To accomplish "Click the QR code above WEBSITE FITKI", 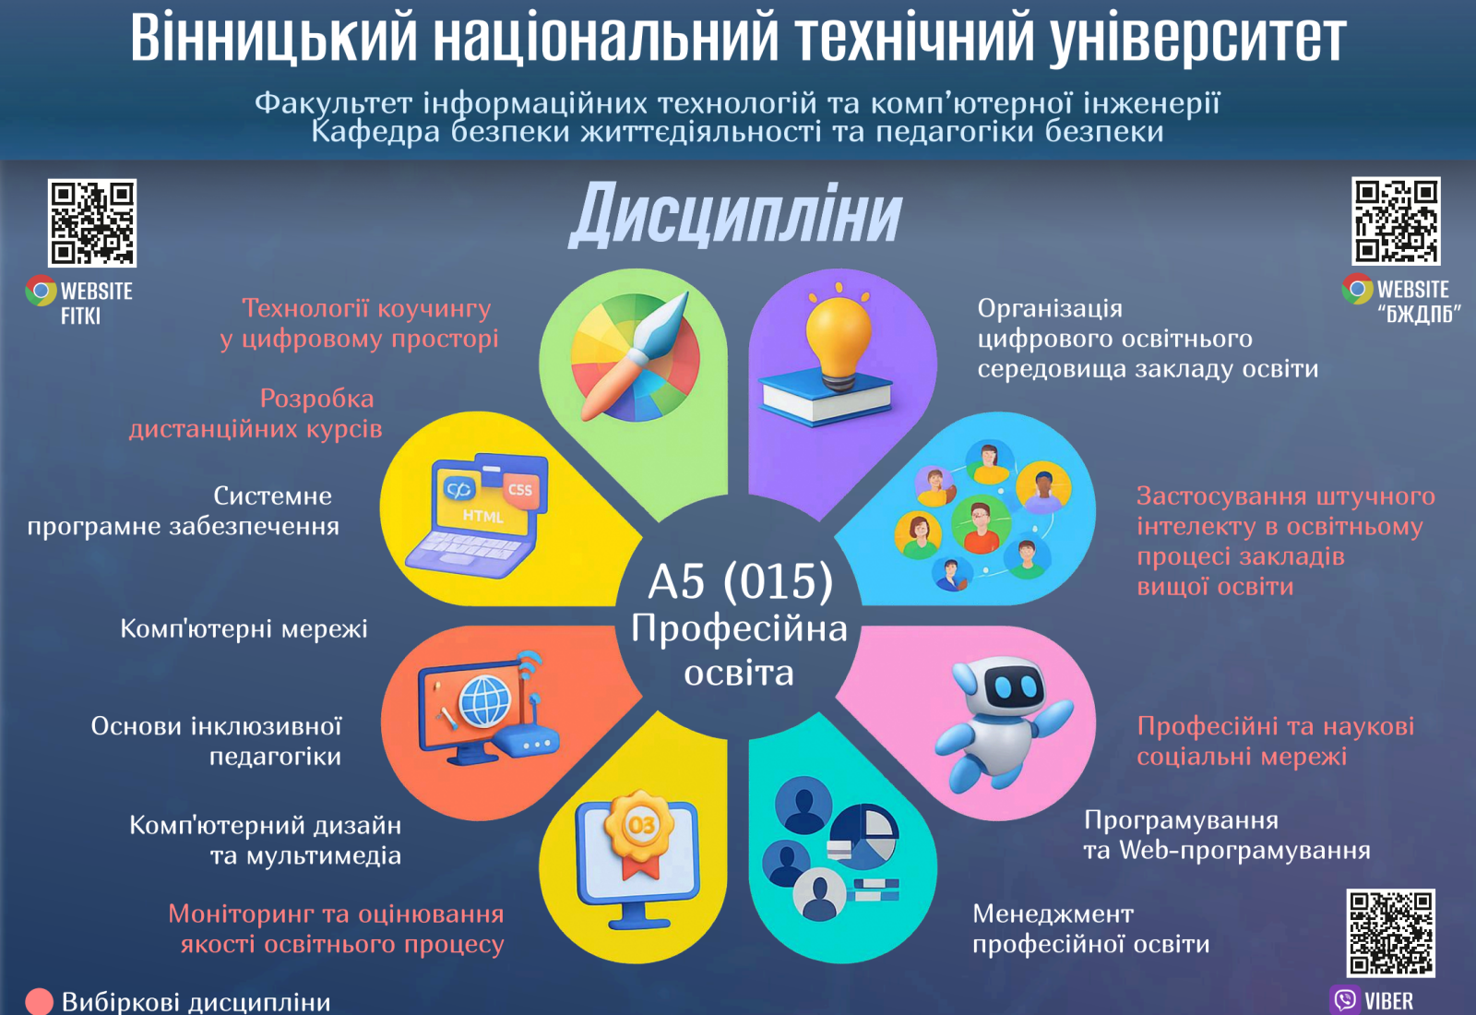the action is pyautogui.click(x=92, y=222).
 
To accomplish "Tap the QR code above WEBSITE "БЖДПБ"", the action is pyautogui.click(x=1396, y=221).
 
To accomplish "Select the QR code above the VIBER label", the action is pyautogui.click(x=1390, y=933).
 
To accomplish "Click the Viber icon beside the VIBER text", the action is pyautogui.click(x=1345, y=1000).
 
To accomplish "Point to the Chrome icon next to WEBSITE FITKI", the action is pyautogui.click(x=41, y=291).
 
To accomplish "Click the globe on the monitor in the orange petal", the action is pyautogui.click(x=485, y=701).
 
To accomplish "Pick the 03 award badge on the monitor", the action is pyautogui.click(x=640, y=831).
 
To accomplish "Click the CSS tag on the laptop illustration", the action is pyautogui.click(x=520, y=490).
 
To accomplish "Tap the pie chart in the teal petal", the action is pyautogui.click(x=863, y=837).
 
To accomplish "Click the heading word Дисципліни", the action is pyautogui.click(x=735, y=213).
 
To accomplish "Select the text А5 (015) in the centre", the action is pyautogui.click(x=739, y=581).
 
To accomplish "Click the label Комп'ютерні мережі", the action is pyautogui.click(x=244, y=628).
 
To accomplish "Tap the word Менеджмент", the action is pyautogui.click(x=1053, y=914).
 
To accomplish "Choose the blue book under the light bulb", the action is pyautogui.click(x=827, y=397).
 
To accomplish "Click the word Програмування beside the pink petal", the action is pyautogui.click(x=1181, y=821).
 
